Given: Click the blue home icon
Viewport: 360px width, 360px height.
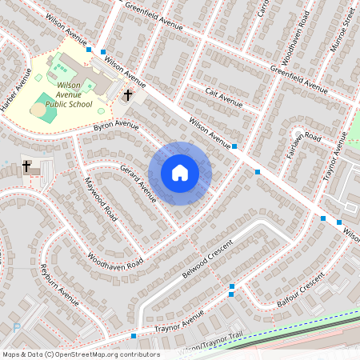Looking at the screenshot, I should (180, 173).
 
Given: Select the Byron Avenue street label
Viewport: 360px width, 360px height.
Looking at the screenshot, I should (116, 126).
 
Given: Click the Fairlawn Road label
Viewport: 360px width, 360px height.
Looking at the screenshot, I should (303, 149).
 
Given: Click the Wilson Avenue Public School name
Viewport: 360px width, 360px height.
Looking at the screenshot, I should (69, 94).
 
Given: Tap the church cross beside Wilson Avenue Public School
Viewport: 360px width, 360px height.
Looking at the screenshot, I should (127, 96).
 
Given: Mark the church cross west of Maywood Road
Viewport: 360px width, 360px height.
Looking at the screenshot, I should (26, 166).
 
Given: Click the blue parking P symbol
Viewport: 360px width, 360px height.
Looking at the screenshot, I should (17, 327).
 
